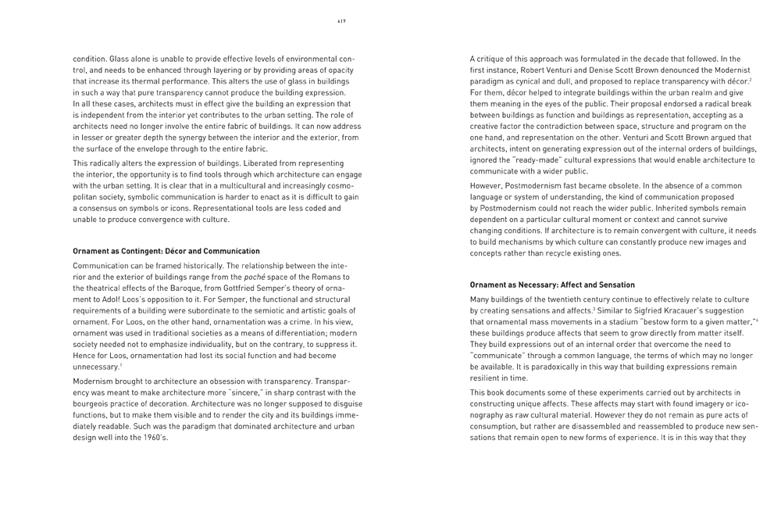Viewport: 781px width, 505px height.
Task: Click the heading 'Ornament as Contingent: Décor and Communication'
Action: pos(166,251)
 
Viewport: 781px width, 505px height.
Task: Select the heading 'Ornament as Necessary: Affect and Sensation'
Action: pos(551,285)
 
